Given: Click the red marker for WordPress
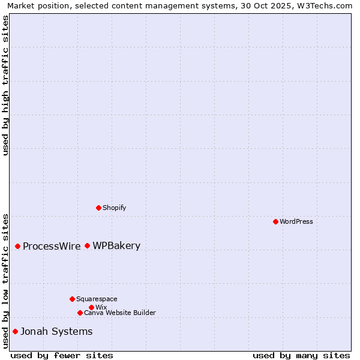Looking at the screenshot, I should click(x=275, y=221).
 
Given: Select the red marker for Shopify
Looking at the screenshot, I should click(x=98, y=208).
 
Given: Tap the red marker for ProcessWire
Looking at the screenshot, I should click(x=17, y=246).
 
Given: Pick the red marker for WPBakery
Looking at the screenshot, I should click(x=87, y=245).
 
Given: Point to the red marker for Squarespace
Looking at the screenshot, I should click(x=72, y=299).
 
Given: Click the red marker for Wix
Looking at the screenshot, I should click(x=91, y=307).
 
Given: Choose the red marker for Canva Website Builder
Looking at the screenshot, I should click(x=80, y=313).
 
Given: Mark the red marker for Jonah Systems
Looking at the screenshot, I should click(x=15, y=331).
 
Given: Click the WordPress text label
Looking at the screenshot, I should click(x=296, y=221).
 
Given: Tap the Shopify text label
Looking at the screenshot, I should click(x=115, y=208).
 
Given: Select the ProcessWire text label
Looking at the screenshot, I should click(x=52, y=246).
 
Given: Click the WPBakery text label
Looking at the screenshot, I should click(x=116, y=245).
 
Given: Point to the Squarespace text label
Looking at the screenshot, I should click(x=97, y=299).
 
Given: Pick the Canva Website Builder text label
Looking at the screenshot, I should click(x=120, y=313).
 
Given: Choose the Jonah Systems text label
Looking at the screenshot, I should click(x=56, y=331).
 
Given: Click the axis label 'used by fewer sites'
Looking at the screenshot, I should click(x=62, y=355).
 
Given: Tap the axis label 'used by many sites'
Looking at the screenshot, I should click(x=301, y=355).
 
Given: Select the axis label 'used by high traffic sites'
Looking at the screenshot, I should click(x=5, y=85).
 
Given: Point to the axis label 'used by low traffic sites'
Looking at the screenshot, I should click(x=5, y=280).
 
